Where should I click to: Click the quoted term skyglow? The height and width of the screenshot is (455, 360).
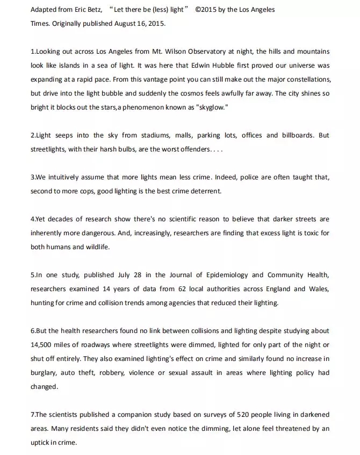pyautogui.click(x=211, y=107)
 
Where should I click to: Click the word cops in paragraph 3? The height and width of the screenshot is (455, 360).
pyautogui.click(x=87, y=191)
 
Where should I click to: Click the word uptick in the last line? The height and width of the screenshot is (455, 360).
pyautogui.click(x=40, y=443)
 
